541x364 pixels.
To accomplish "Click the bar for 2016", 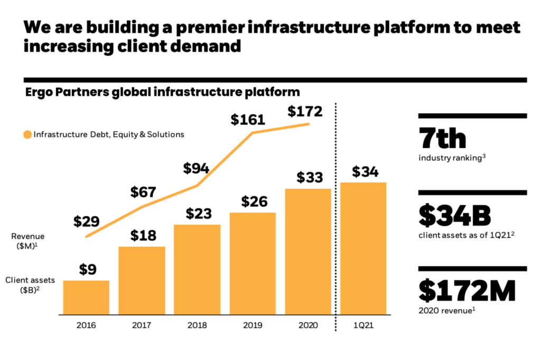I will pyautogui.click(x=86, y=297).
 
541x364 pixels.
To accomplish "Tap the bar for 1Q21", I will pyautogui.click(x=363, y=249).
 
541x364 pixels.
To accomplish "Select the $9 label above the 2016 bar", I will pyautogui.click(x=88, y=269).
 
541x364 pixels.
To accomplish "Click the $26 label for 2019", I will pyautogui.click(x=254, y=202).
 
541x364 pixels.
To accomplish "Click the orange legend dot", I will pyautogui.click(x=27, y=134).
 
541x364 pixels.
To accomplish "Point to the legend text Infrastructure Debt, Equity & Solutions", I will pyautogui.click(x=109, y=134).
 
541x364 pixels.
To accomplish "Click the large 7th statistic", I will pyautogui.click(x=442, y=138).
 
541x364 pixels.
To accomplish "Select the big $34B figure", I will pyautogui.click(x=455, y=215).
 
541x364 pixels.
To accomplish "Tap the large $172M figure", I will pyautogui.click(x=467, y=292).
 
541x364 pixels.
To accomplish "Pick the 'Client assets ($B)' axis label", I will pyautogui.click(x=28, y=285).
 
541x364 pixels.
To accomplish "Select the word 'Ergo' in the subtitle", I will pyautogui.click(x=40, y=92).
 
